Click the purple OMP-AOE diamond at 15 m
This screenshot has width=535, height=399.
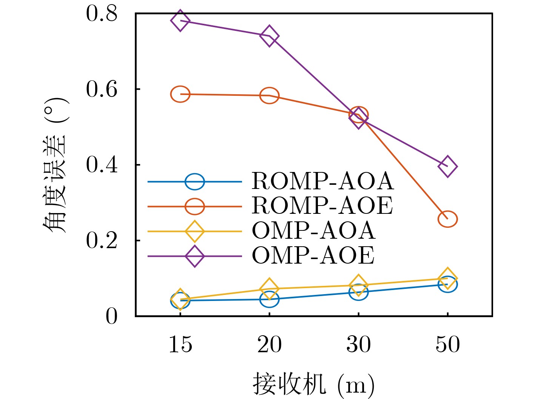click(x=180, y=20)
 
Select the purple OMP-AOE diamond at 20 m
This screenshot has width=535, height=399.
click(x=269, y=36)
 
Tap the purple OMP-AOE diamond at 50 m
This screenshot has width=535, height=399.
click(x=447, y=166)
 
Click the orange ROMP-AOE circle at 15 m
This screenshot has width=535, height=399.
click(x=180, y=94)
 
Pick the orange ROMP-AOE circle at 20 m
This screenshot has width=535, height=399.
click(x=269, y=95)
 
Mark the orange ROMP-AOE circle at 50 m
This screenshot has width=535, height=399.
click(x=447, y=219)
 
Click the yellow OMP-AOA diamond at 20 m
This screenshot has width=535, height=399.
click(x=269, y=289)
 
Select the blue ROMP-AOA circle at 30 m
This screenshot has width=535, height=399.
click(x=358, y=292)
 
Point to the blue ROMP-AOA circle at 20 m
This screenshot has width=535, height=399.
click(x=269, y=299)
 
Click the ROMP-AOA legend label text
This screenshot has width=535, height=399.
click(x=322, y=181)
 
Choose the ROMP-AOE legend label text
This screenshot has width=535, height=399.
click(x=322, y=206)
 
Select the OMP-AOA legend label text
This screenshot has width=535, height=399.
click(x=313, y=231)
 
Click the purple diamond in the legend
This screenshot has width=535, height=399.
click(x=195, y=256)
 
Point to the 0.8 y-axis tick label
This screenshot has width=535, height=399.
click(x=102, y=14)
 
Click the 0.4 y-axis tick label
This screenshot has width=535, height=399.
click(x=102, y=165)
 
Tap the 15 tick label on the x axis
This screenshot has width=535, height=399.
click(x=180, y=345)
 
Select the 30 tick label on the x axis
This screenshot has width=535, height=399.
click(x=358, y=345)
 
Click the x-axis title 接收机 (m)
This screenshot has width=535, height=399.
click(x=313, y=385)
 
